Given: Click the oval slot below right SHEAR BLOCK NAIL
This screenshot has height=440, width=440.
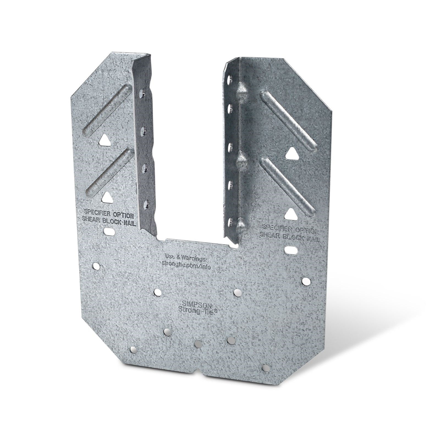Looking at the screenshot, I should click(x=292, y=250).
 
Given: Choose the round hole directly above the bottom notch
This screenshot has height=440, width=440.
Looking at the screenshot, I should click(x=197, y=343).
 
